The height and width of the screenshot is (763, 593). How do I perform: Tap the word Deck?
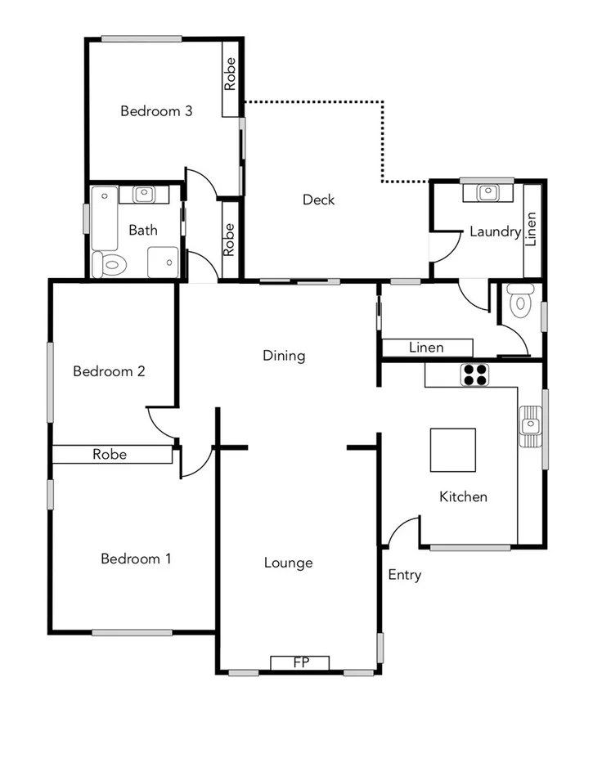318,200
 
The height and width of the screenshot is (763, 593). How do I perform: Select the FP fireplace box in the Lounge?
300,662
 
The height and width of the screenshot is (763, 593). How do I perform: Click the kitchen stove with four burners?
476,375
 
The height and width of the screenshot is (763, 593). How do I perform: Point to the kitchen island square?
453,451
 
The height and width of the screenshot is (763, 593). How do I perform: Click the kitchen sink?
531,425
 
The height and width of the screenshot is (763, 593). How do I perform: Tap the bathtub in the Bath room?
104,218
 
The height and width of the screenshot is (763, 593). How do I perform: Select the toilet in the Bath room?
109,264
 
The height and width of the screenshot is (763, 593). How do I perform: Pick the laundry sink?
487,193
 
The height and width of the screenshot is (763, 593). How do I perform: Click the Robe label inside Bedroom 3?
231,74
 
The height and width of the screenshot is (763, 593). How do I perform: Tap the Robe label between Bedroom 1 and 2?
109,454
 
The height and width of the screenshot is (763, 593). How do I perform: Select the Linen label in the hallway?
426,348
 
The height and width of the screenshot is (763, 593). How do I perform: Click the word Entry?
404,575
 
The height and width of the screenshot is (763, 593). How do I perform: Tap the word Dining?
284,356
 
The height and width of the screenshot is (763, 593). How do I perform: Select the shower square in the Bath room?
164,263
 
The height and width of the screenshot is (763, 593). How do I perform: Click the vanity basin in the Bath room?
144,195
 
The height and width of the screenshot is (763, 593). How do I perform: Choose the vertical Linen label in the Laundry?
532,231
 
